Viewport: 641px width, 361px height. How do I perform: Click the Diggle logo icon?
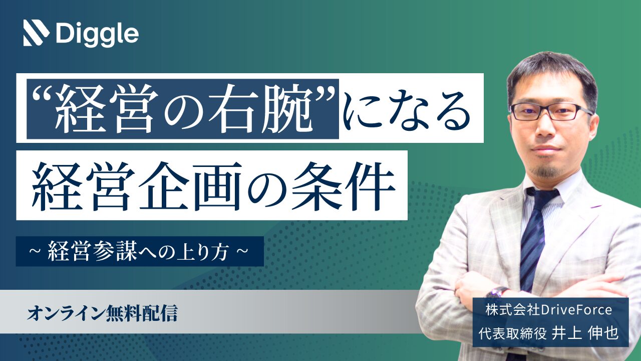[36, 33]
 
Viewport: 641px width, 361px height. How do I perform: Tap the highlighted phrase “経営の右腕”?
[183, 109]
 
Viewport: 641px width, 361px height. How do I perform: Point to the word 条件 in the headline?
[343, 186]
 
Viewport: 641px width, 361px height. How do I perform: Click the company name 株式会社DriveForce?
[548, 310]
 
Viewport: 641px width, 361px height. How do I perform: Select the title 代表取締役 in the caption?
[512, 333]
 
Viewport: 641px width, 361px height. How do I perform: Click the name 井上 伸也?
[585, 333]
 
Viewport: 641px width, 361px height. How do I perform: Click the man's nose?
[546, 126]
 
